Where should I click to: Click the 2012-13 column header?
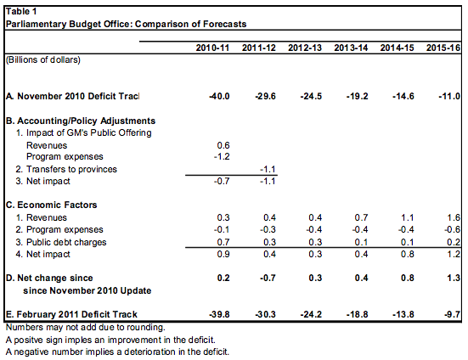tap(305, 48)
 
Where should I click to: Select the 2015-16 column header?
tap(443, 48)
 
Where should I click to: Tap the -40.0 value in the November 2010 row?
tap(219, 96)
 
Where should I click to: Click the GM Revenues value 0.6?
tap(223, 145)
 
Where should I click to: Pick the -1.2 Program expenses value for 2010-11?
tap(222, 156)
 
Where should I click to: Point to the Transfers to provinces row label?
tap(66, 169)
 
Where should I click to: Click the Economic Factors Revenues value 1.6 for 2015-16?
tap(454, 217)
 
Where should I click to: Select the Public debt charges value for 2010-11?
tap(223, 242)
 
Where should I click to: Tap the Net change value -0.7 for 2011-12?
tap(268, 278)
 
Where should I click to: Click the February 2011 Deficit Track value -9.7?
tap(452, 314)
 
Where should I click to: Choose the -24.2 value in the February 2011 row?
tap(311, 314)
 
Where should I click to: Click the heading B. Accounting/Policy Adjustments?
tap(81, 121)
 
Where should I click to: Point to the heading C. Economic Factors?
tap(51, 205)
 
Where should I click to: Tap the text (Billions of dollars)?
tap(43, 60)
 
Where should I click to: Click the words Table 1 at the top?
tap(21, 12)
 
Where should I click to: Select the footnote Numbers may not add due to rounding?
tap(86, 328)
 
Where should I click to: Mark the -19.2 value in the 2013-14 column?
tap(358, 96)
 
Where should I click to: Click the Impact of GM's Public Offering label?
tap(83, 132)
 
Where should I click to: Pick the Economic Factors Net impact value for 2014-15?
tap(408, 254)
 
